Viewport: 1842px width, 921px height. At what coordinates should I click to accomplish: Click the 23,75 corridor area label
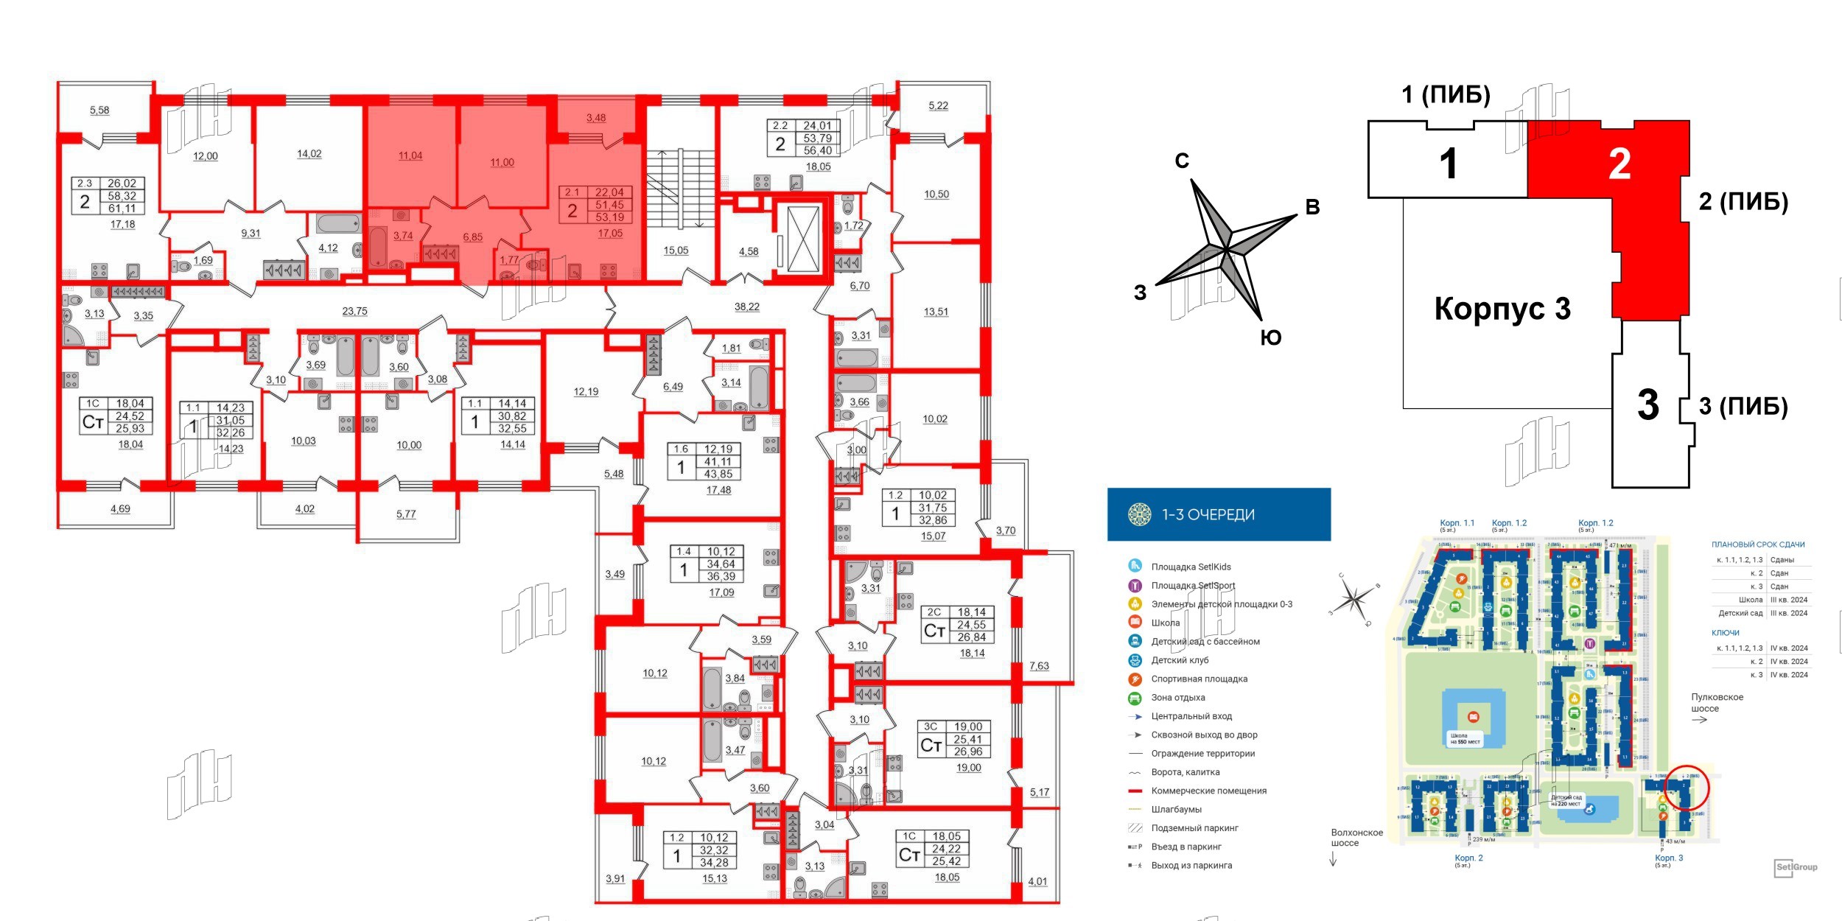pyautogui.click(x=354, y=312)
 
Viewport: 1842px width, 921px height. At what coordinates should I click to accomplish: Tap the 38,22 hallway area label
pyautogui.click(x=746, y=307)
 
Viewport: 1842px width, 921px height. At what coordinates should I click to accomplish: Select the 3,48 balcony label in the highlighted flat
pyautogui.click(x=596, y=118)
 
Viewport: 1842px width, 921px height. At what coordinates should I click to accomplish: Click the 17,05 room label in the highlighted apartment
pyautogui.click(x=610, y=234)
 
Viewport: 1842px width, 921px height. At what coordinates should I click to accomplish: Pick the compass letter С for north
pyautogui.click(x=1182, y=161)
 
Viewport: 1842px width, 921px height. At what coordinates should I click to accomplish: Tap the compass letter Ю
pyautogui.click(x=1271, y=338)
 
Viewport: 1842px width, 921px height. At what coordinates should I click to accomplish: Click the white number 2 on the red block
pyautogui.click(x=1619, y=164)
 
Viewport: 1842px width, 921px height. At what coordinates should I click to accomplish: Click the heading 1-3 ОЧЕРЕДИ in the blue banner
pyautogui.click(x=1208, y=515)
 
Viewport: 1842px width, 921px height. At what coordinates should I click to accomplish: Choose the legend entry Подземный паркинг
pyautogui.click(x=1194, y=828)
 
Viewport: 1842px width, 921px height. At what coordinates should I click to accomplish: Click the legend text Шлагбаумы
pyautogui.click(x=1176, y=809)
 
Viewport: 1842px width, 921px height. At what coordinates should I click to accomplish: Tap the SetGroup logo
pyautogui.click(x=1796, y=868)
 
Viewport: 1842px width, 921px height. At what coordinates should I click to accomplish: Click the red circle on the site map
pyautogui.click(x=1687, y=789)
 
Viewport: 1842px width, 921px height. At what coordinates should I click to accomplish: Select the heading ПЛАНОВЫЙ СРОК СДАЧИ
pyautogui.click(x=1757, y=544)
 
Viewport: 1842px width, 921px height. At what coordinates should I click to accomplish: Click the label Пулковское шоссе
pyautogui.click(x=1716, y=702)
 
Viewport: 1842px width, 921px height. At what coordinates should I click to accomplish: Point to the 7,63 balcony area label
pyautogui.click(x=1039, y=666)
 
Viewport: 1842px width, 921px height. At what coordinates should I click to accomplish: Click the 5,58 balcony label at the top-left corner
pyautogui.click(x=99, y=111)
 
